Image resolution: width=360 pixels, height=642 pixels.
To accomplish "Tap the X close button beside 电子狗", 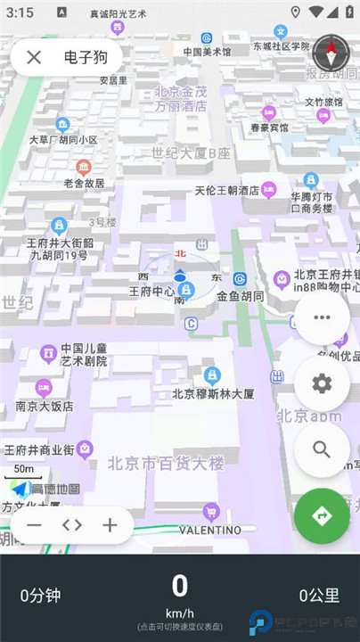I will [34, 57].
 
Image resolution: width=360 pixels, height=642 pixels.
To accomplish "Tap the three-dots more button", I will [322, 317].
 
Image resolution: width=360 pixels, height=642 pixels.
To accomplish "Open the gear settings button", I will [322, 383].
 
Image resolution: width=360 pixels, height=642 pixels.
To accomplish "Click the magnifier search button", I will [322, 449].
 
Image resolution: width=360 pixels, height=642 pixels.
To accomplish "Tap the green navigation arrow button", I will [322, 515].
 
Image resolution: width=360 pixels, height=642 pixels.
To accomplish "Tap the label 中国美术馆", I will [207, 52].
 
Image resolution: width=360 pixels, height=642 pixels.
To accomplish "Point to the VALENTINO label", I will [210, 530].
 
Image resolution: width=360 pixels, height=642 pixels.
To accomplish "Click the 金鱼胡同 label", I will [240, 295].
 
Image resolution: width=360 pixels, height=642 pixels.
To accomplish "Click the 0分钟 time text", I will [41, 595].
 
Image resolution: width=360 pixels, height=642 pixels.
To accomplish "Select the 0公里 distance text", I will [318, 595].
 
